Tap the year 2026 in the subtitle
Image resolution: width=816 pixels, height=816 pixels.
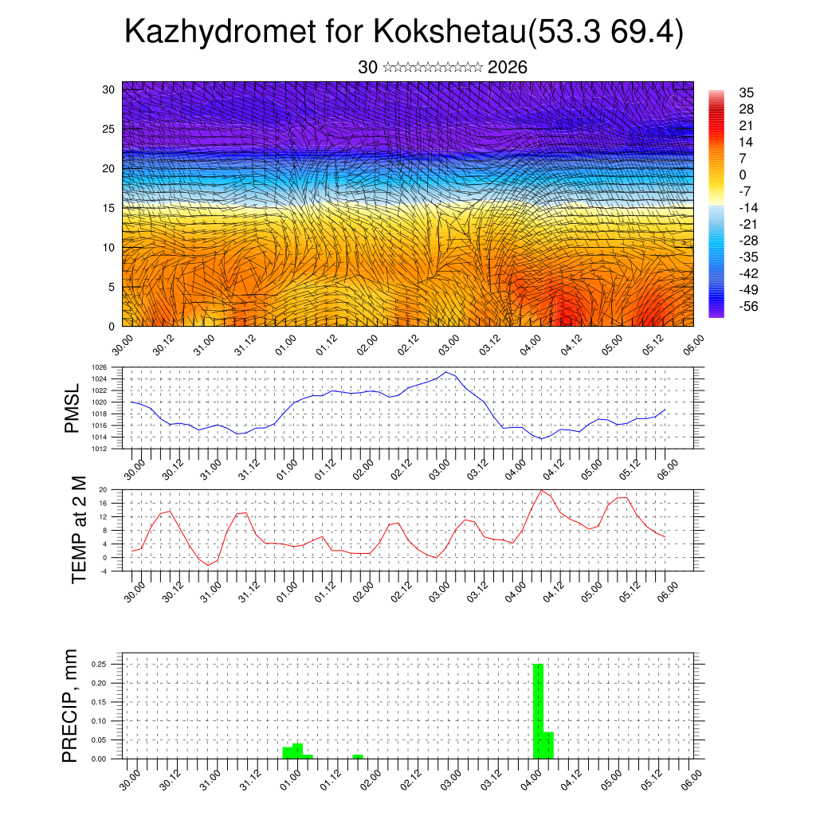coord(508,68)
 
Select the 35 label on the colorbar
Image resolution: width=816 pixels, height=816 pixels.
coord(746,92)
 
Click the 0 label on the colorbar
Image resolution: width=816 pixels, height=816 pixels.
coord(743,175)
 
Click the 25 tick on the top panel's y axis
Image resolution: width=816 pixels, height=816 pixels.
coord(109,128)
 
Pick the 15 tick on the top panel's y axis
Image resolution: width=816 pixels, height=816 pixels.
coord(109,207)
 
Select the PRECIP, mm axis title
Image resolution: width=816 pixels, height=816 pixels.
coord(71,705)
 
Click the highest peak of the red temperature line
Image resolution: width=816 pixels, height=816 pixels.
coord(542,490)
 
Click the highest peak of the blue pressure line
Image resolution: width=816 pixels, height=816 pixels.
coord(447,372)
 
